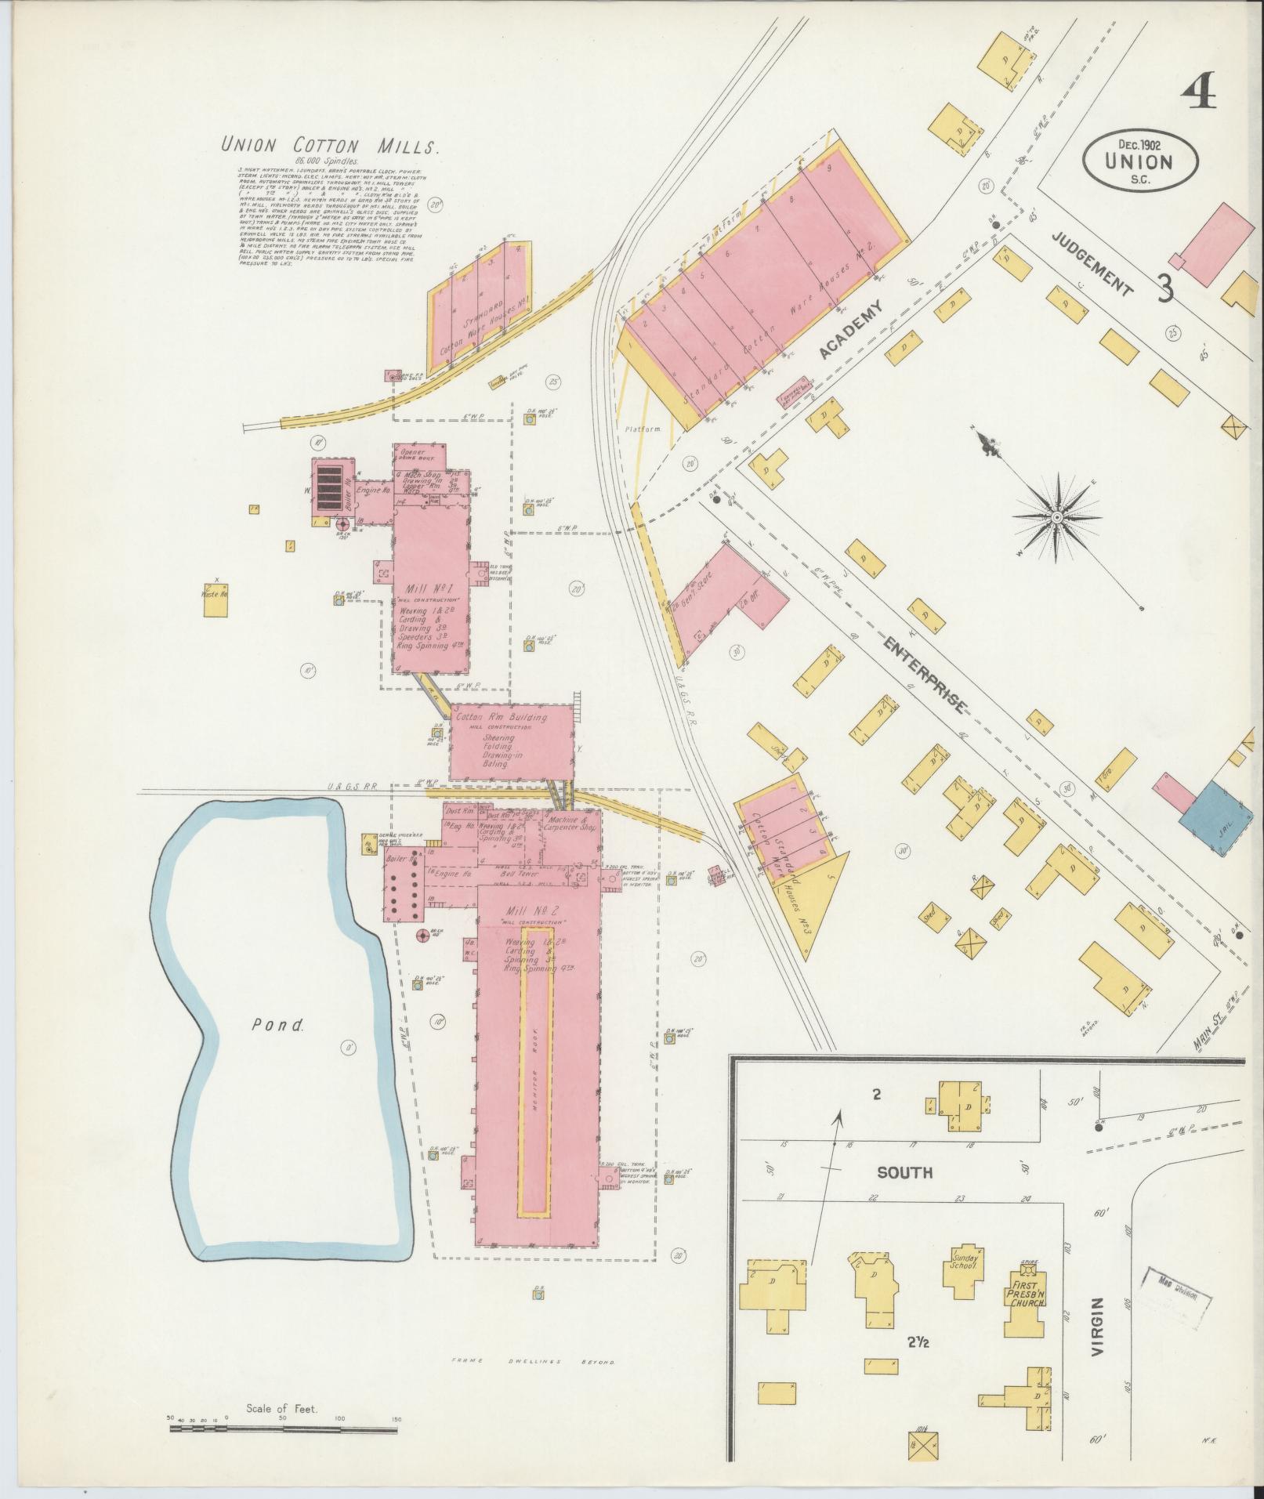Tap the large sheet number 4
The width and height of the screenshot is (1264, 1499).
[1199, 94]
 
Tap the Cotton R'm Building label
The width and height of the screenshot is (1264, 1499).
[512, 716]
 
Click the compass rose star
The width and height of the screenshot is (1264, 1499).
[1056, 518]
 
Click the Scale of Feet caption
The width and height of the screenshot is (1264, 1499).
[281, 1408]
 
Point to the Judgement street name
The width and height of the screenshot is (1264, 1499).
[1092, 263]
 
